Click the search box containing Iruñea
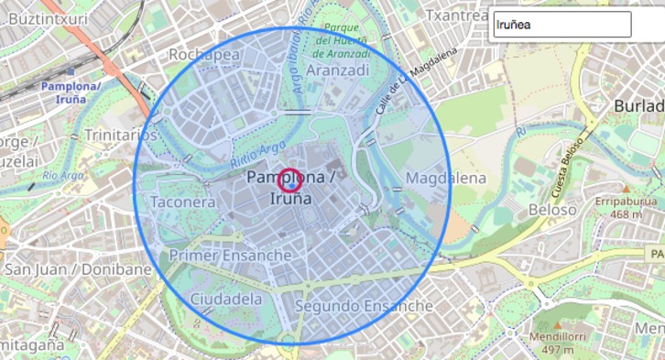click(561, 25)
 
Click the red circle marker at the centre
click(290, 180)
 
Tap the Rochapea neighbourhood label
click(204, 55)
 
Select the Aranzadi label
click(338, 71)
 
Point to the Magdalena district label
click(445, 178)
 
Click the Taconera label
click(183, 202)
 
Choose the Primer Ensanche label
click(231, 255)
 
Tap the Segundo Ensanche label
click(364, 305)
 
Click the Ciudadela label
click(226, 299)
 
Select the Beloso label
click(552, 210)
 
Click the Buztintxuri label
click(46, 17)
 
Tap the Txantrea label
click(457, 16)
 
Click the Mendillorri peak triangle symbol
click(558, 325)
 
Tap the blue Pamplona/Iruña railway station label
click(71, 92)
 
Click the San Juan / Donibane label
click(78, 269)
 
